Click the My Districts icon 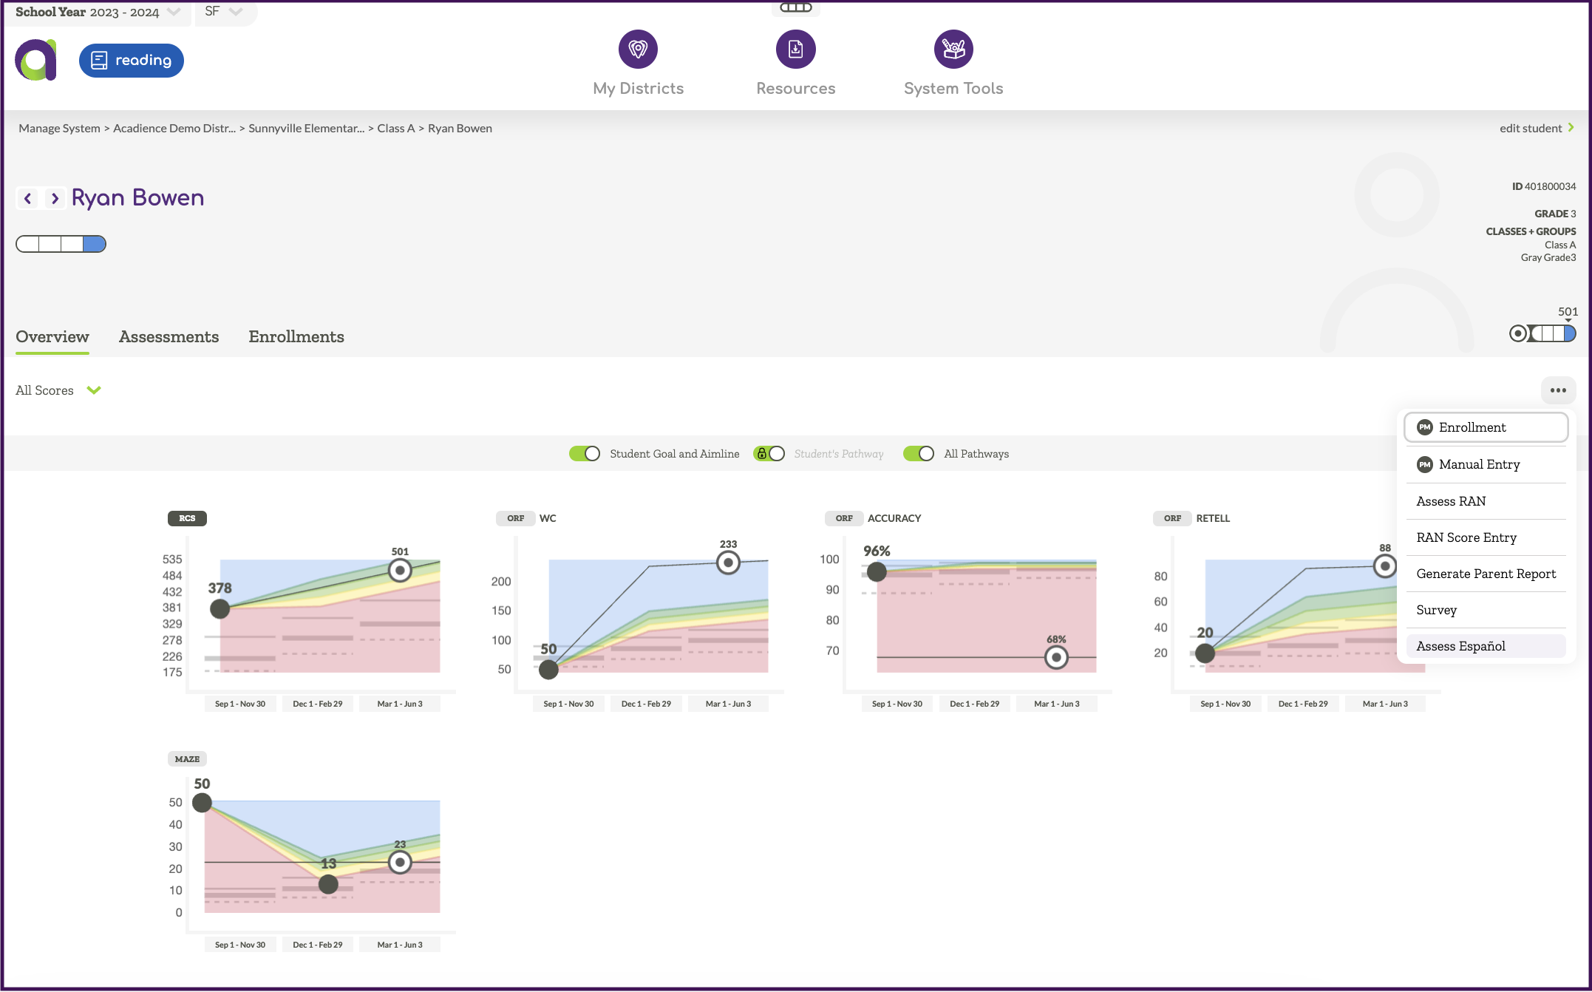(638, 50)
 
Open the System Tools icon (953, 50)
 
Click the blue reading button (132, 61)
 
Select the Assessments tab (169, 337)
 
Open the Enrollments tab (296, 337)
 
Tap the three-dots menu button (1558, 390)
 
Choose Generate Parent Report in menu (1486, 574)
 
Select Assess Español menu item (1460, 647)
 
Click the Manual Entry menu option (1479, 465)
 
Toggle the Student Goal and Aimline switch (585, 454)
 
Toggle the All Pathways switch (919, 454)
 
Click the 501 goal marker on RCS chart (400, 571)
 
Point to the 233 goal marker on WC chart (728, 563)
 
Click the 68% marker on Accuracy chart (1056, 657)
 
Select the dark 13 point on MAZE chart (328, 884)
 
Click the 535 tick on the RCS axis (172, 560)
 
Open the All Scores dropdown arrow (94, 390)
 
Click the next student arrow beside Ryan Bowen (55, 198)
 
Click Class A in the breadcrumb (395, 129)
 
